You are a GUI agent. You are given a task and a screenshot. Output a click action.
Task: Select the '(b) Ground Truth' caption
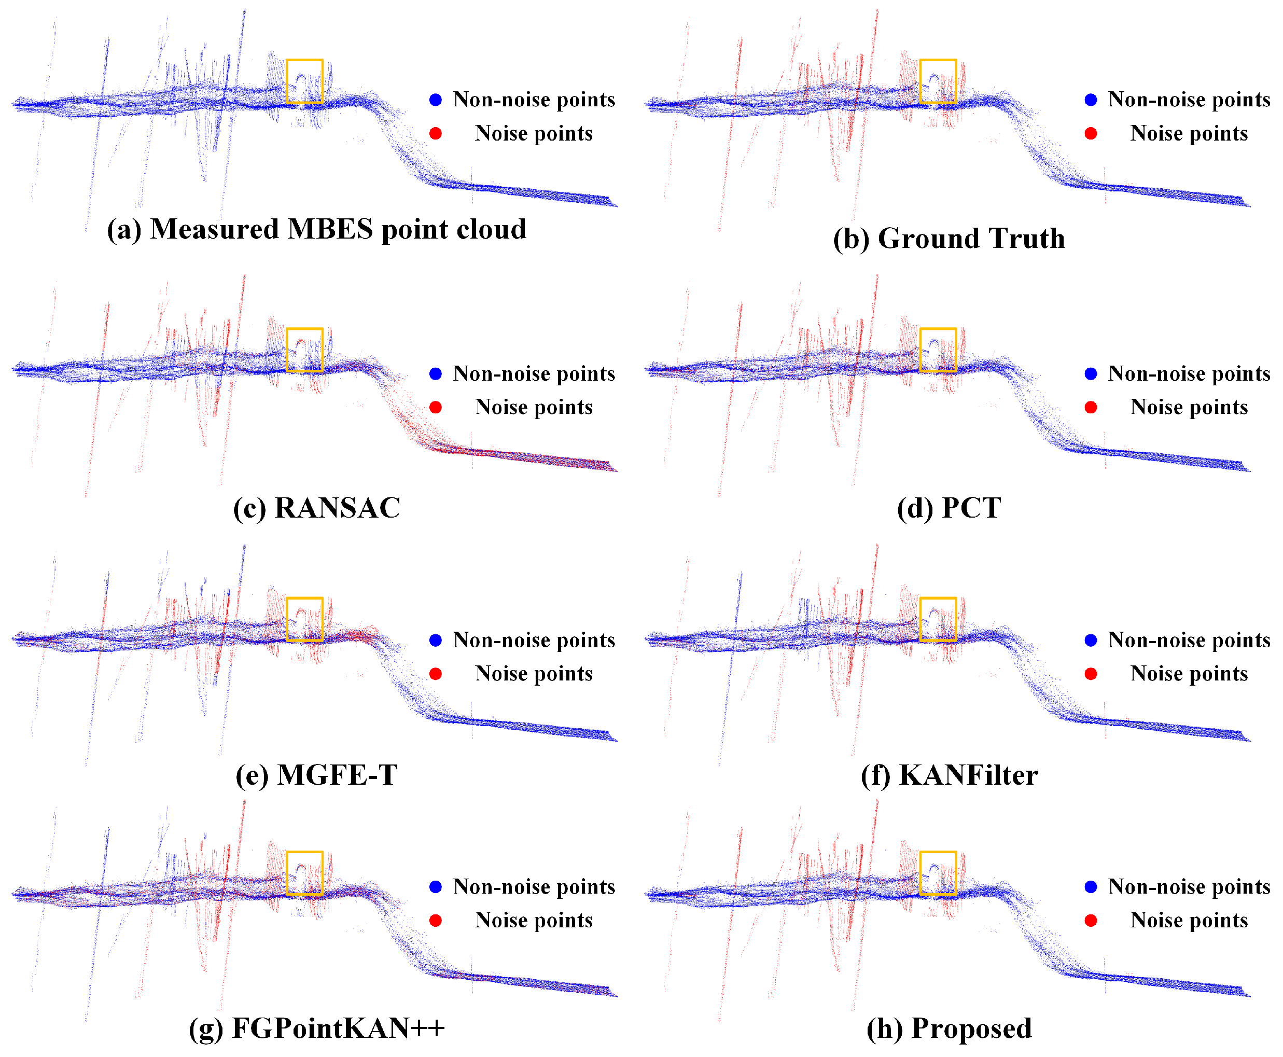pos(949,239)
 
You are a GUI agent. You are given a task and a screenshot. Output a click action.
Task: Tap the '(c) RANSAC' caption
pos(317,508)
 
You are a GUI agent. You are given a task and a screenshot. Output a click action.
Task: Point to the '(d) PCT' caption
pos(949,508)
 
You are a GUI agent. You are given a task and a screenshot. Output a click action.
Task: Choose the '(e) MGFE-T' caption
pos(317,775)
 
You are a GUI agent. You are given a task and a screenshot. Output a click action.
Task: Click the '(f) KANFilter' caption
pos(949,775)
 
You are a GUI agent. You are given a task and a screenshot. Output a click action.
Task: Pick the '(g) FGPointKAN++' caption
pos(317,1028)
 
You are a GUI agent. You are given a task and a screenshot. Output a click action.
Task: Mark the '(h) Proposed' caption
pos(949,1028)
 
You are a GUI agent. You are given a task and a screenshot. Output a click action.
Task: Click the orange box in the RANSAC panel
pos(304,350)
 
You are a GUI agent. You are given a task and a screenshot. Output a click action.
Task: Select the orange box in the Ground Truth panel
pos(938,81)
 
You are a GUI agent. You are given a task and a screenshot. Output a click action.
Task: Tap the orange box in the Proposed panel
pos(938,873)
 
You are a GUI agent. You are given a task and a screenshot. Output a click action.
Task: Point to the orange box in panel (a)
pos(304,81)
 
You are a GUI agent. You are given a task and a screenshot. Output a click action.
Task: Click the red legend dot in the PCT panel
pos(1091,407)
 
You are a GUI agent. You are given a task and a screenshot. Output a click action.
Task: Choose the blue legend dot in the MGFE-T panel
pos(436,640)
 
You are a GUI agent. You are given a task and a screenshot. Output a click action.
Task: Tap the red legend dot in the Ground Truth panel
pos(1091,133)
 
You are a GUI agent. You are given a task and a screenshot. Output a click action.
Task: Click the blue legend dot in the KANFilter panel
pos(1091,640)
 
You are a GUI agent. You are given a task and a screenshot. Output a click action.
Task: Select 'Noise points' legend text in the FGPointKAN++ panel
pos(534,920)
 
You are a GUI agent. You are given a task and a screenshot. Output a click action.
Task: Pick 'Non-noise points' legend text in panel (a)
pos(534,99)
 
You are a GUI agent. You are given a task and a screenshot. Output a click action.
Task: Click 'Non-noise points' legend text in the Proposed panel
pos(1189,886)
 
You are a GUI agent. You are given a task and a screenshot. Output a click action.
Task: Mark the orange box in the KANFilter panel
pos(938,619)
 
